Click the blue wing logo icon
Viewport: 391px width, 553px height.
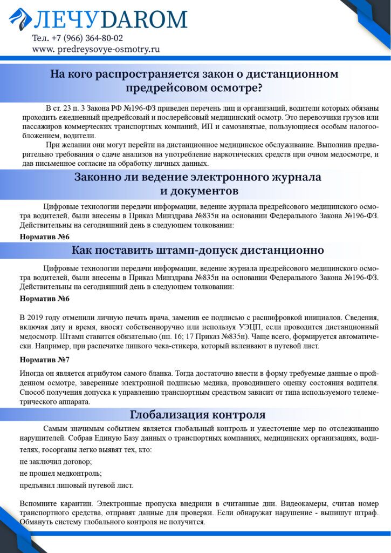pyautogui.click(x=20, y=19)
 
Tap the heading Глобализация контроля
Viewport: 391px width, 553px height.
pyautogui.click(x=197, y=415)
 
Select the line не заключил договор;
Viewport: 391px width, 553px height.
pyautogui.click(x=56, y=462)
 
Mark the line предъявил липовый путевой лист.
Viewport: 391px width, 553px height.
pyautogui.click(x=76, y=485)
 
